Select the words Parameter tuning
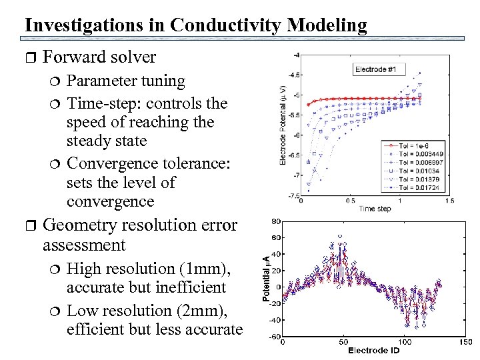(126, 81)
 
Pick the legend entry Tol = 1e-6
(409, 145)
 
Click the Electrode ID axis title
(373, 351)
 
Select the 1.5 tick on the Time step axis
(449, 200)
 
